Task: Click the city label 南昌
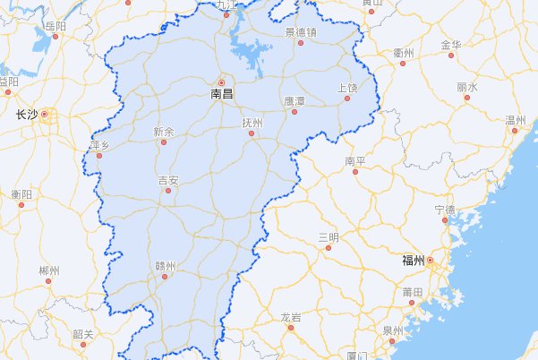[222, 92]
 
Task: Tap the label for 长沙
[27, 115]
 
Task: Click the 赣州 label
[166, 265]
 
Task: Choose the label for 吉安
[168, 180]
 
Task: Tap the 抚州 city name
[252, 123]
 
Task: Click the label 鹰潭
[295, 101]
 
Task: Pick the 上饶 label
[347, 87]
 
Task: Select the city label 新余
[164, 131]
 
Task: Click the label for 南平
[355, 161]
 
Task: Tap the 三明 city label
[329, 236]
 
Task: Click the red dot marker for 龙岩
[290, 327]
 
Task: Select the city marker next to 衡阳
[21, 204]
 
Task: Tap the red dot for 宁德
[445, 219]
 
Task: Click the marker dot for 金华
[451, 55]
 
